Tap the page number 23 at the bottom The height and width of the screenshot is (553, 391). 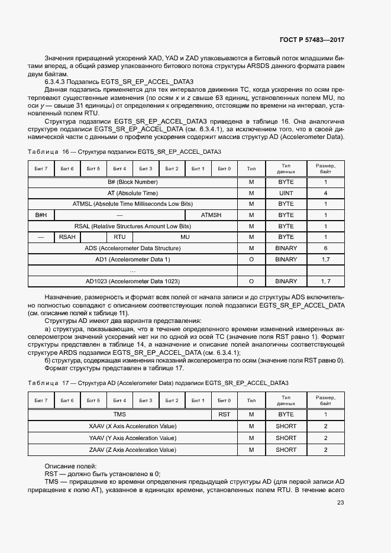coord(340,503)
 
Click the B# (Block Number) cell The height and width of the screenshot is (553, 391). coord(133,182)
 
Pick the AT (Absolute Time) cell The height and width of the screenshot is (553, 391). coord(133,193)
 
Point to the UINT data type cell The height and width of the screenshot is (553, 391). coord(286,193)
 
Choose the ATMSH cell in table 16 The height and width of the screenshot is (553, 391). coord(211,215)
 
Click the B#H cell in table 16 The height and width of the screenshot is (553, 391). coord(41,215)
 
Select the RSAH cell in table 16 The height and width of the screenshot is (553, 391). coord(67,237)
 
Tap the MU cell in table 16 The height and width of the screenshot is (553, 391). coord(185,237)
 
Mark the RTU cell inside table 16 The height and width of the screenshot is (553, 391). coord(119,237)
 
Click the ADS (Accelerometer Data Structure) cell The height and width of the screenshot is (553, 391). coord(133,248)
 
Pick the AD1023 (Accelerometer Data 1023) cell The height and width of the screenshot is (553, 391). coord(133,281)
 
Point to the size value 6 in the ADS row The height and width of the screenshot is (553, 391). coord(325,248)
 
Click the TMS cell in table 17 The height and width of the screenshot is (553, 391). coord(119,415)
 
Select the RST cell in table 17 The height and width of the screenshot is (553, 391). coord(224,415)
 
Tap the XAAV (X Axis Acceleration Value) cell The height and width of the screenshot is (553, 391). coord(133,426)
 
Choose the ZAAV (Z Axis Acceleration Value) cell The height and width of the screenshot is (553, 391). coord(133,449)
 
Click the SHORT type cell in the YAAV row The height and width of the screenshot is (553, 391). coord(286,438)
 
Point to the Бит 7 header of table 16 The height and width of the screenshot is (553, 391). coord(41,169)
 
